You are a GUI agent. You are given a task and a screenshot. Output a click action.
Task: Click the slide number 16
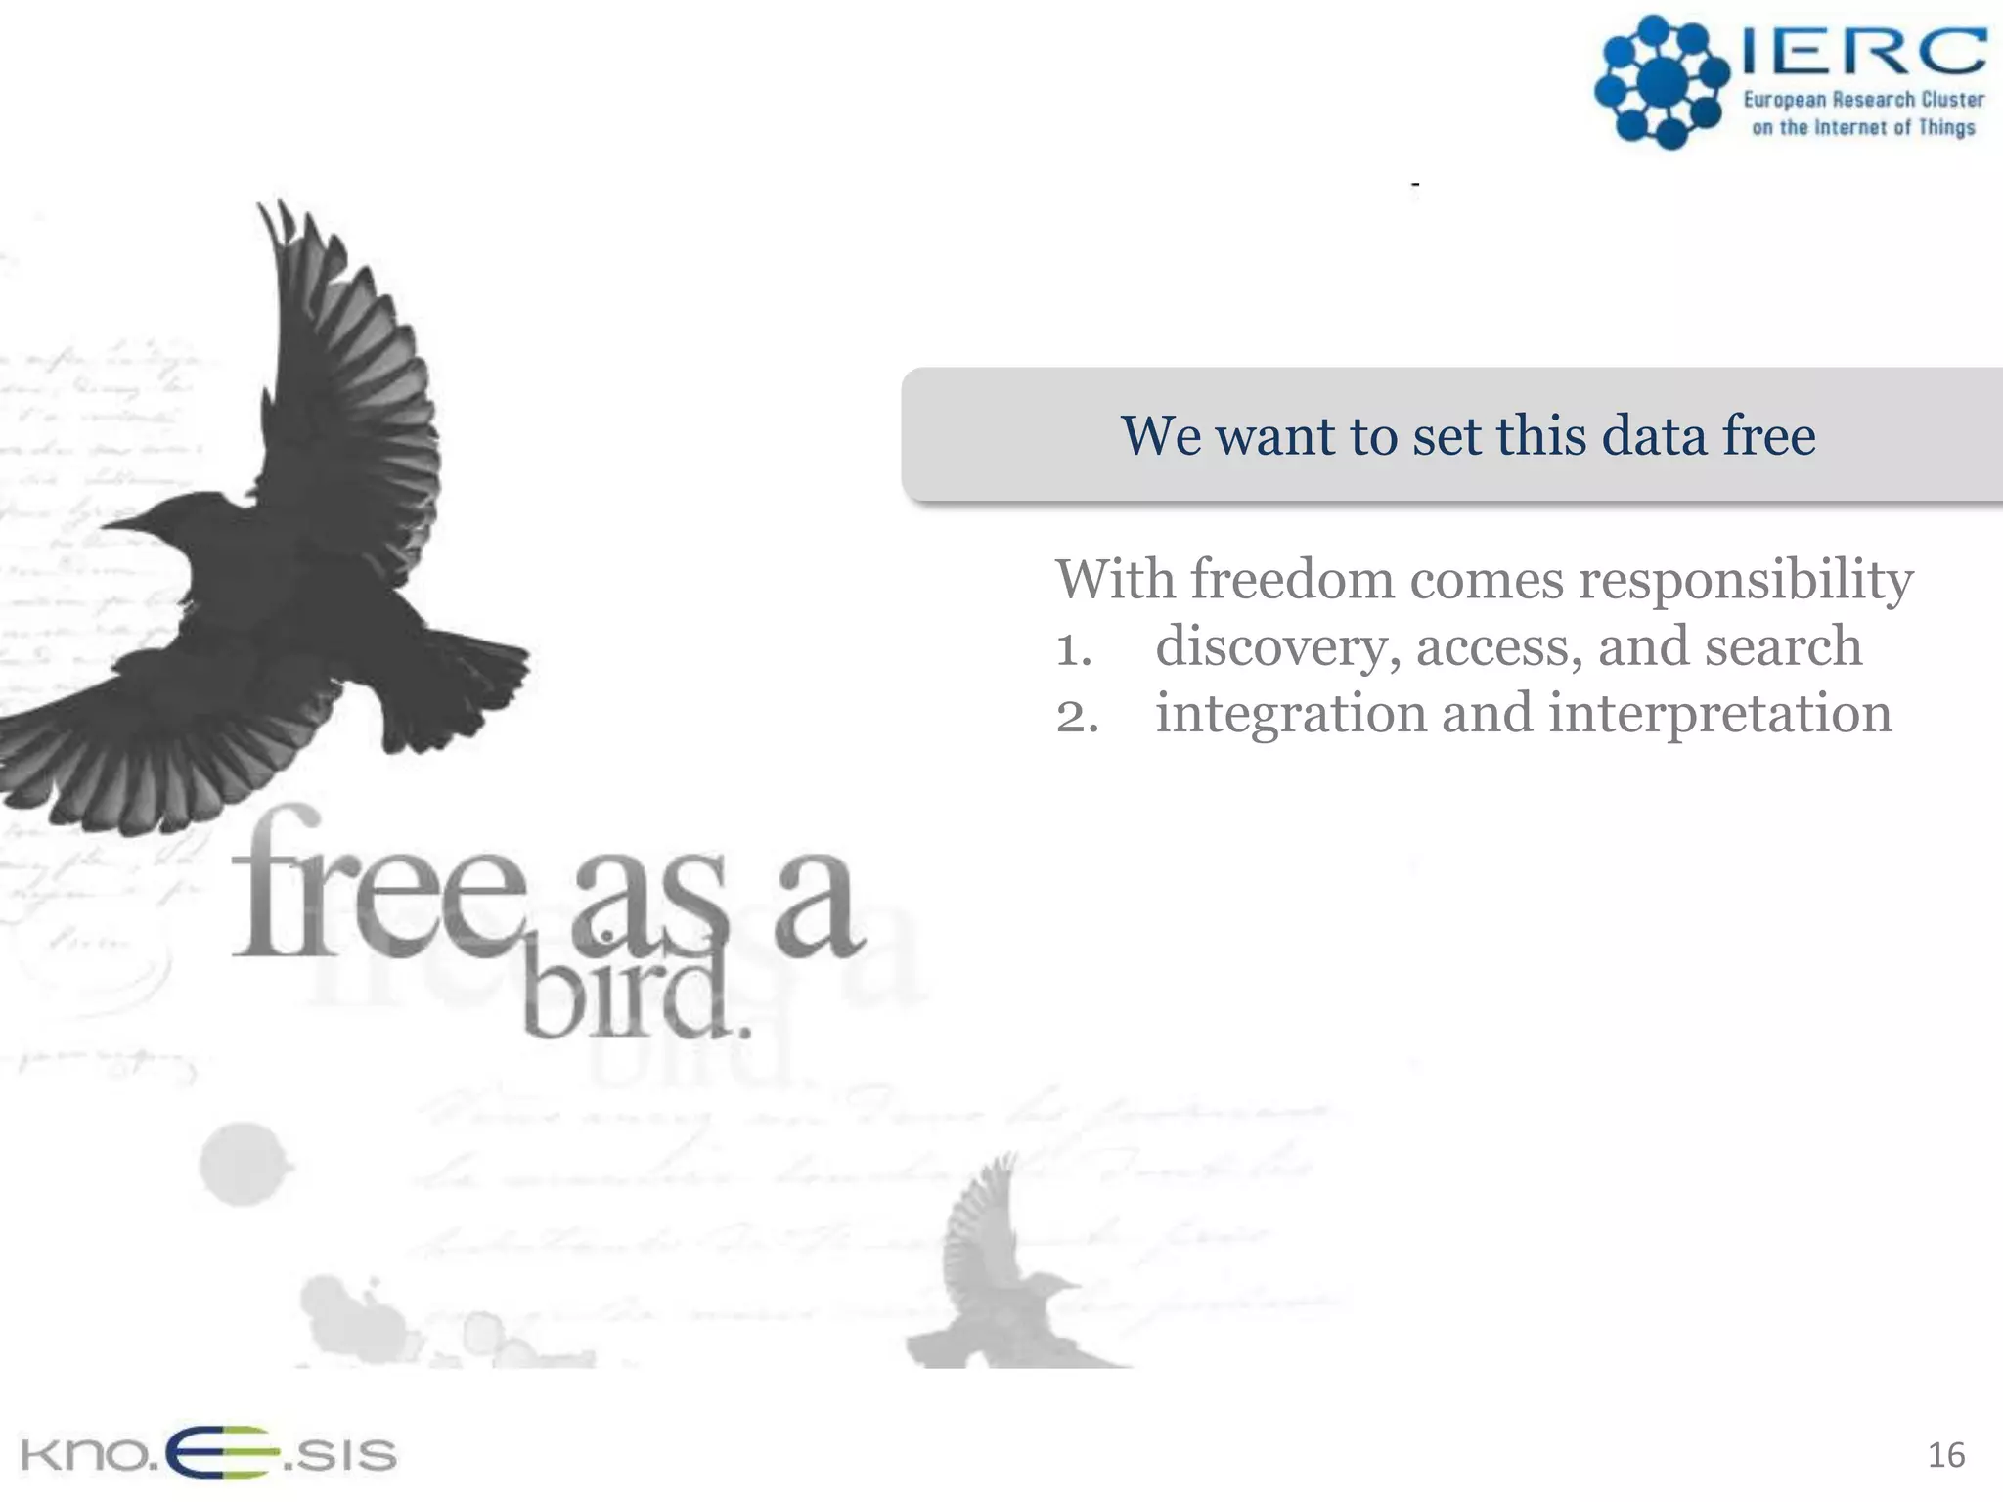tap(1945, 1455)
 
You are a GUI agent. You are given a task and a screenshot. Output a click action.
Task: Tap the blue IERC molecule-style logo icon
tap(1662, 82)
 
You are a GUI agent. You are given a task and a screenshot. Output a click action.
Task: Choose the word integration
tap(1290, 714)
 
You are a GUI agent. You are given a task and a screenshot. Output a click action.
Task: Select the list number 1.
tap(1073, 649)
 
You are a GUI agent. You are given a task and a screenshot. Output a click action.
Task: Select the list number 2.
tap(1077, 716)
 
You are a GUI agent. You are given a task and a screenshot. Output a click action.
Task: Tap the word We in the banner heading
tap(1160, 435)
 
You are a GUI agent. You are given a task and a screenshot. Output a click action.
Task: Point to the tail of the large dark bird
tap(460, 685)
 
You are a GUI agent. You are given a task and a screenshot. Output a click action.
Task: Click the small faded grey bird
tap(998, 1271)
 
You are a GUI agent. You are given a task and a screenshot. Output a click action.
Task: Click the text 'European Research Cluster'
tap(1864, 100)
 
